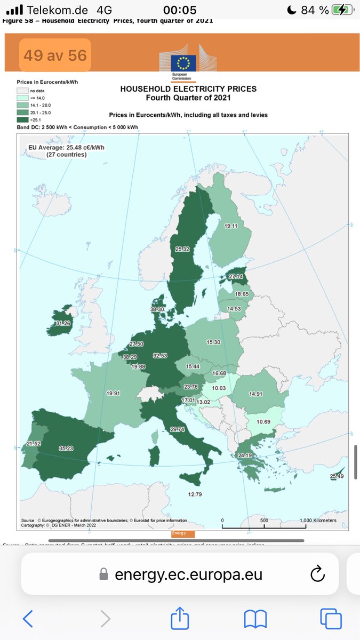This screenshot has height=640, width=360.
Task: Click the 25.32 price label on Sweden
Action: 183,249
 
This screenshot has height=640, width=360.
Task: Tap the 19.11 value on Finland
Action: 230,226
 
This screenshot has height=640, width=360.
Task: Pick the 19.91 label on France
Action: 113,393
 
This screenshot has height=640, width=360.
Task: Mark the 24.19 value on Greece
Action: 245,455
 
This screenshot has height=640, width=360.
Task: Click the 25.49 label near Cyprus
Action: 337,476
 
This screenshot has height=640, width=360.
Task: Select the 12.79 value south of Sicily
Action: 195,494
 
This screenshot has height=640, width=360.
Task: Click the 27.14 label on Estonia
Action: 235,277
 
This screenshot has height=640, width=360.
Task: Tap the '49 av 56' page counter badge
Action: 55,55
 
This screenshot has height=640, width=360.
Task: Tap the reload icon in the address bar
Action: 317,574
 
